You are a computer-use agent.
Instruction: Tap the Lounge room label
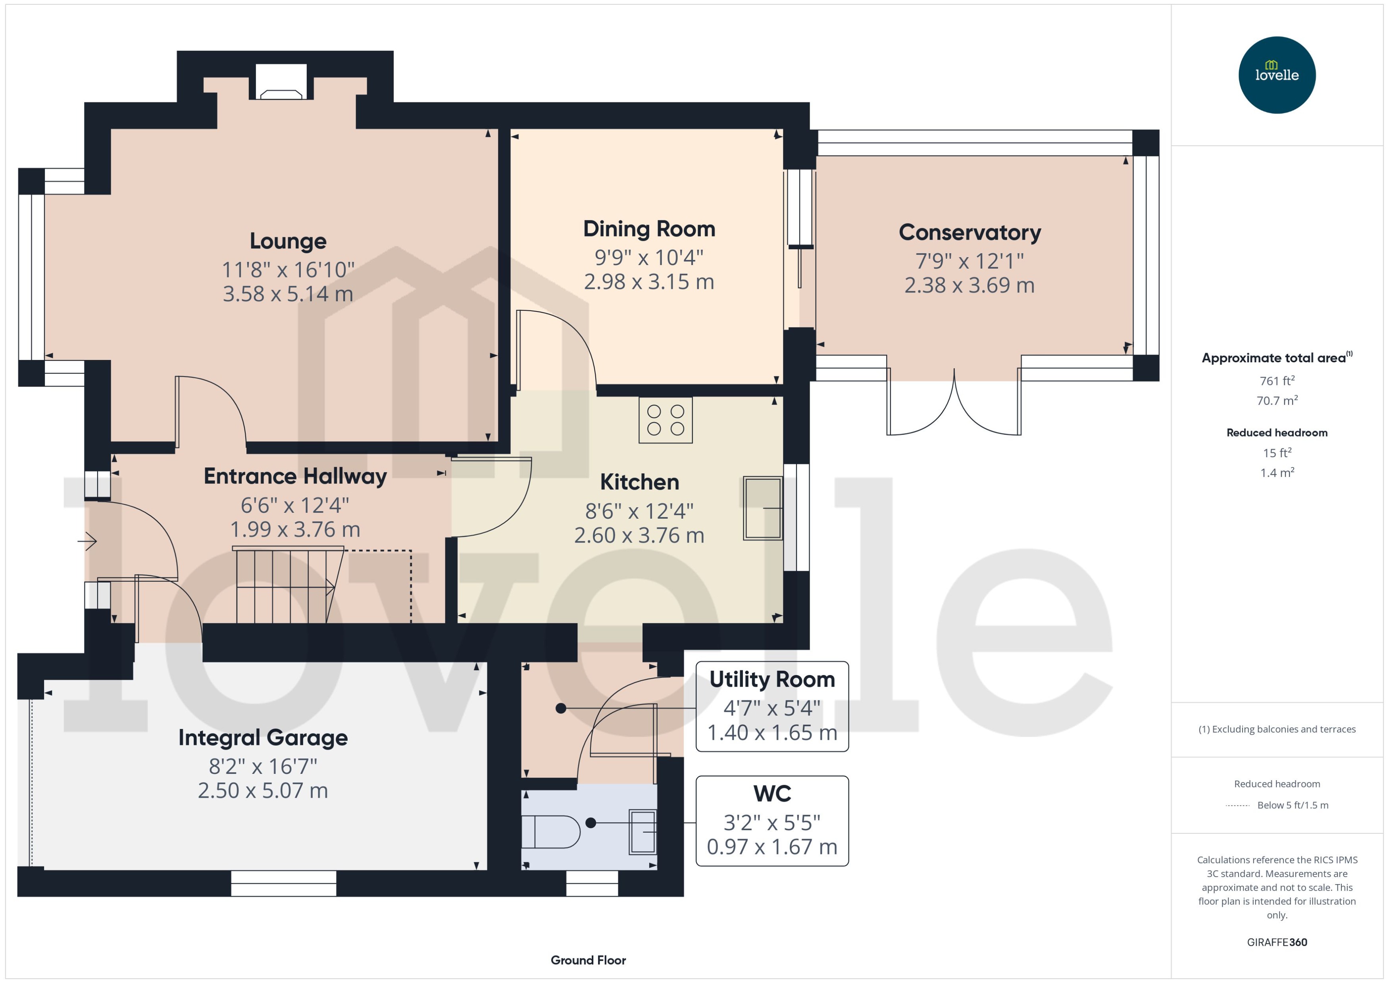click(x=288, y=241)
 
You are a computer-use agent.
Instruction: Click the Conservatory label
click(x=970, y=233)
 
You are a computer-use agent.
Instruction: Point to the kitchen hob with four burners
click(x=665, y=420)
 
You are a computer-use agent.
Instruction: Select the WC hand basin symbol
click(x=642, y=832)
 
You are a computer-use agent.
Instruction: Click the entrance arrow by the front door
click(x=88, y=541)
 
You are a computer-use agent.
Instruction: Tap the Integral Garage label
click(x=263, y=737)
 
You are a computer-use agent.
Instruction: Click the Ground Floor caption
click(x=588, y=960)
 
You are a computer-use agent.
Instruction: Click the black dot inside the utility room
click(x=561, y=708)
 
